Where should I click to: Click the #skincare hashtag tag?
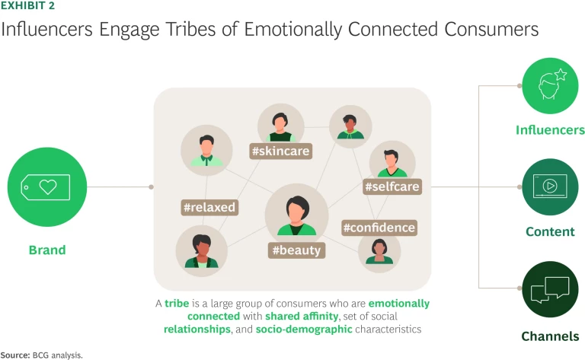tap(281, 151)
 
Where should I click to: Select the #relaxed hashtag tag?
tap(209, 207)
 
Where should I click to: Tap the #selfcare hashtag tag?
tap(392, 186)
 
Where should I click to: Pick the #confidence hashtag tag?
tap(379, 228)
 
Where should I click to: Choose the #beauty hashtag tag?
tap(297, 250)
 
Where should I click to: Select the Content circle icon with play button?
tap(550, 186)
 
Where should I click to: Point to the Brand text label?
tap(47, 250)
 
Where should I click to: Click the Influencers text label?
tap(550, 130)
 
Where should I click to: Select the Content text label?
tap(550, 231)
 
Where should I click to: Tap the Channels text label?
tap(550, 336)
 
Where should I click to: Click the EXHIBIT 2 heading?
tap(27, 6)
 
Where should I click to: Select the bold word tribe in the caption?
tap(177, 303)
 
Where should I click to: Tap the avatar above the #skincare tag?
tap(281, 123)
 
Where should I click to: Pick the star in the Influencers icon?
tap(561, 75)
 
